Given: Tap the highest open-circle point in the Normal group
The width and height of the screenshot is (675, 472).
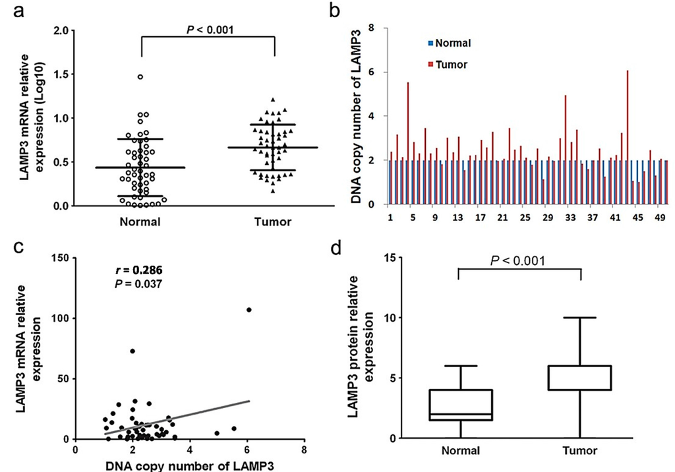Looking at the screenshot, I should (140, 76).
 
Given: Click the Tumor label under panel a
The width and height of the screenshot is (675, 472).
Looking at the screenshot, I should (273, 222).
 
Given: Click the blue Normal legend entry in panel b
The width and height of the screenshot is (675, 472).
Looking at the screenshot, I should (450, 44).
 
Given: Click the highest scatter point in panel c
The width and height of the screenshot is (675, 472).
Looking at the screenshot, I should (249, 310).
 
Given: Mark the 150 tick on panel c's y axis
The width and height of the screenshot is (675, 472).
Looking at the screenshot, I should (63, 258).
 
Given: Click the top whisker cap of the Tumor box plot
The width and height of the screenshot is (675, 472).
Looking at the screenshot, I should (580, 318).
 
